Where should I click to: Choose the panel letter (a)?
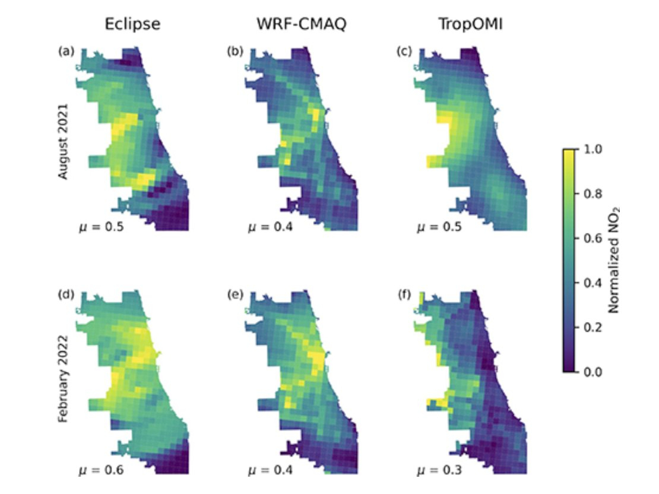coord(66,51)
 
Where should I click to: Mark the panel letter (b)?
coord(235,51)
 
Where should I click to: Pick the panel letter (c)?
coord(404,51)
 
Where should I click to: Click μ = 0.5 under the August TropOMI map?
coord(439,226)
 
